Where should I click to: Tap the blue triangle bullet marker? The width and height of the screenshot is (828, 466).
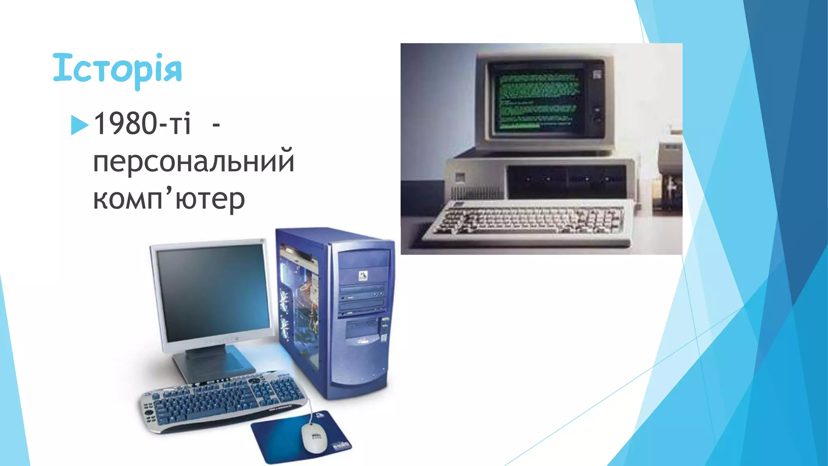tap(79, 125)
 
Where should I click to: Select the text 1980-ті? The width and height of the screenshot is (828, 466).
tap(142, 123)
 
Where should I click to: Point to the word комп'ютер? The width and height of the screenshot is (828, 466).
tap(169, 199)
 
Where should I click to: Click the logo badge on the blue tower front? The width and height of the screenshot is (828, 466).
tap(363, 276)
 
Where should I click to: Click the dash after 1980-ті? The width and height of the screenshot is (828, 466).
tap(216, 125)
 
